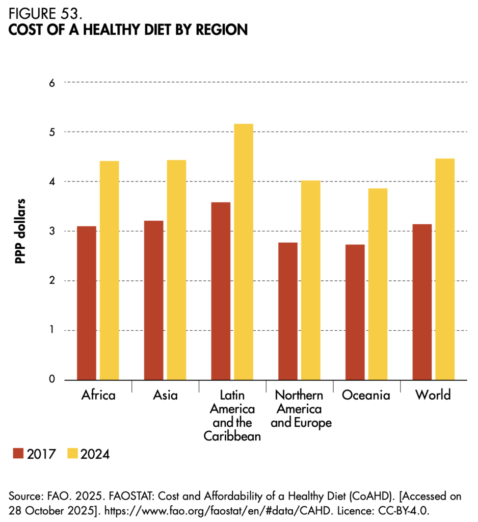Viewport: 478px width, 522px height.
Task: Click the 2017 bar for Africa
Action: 87,303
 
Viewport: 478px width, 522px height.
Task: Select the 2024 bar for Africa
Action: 109,270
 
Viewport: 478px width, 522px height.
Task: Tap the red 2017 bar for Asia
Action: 153,300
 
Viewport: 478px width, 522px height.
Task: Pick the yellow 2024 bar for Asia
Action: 176,270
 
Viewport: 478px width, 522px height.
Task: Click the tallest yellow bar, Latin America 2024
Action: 243,252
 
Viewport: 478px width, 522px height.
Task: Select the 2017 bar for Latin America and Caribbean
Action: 221,291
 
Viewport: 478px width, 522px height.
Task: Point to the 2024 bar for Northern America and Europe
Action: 310,280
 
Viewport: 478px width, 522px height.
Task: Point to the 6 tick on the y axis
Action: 51,83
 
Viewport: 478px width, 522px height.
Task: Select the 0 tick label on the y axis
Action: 51,380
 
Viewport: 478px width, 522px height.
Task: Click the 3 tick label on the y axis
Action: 51,231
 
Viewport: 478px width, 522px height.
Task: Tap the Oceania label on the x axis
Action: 366,396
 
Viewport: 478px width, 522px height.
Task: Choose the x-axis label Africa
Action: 98,396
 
